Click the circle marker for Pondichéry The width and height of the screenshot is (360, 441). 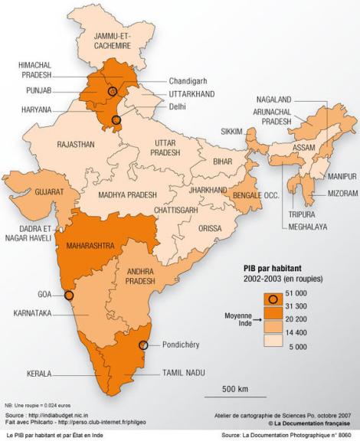pyautogui.click(x=143, y=345)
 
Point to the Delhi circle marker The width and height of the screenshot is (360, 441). pyautogui.click(x=116, y=119)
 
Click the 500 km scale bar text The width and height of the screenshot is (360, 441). pyautogui.click(x=235, y=390)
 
